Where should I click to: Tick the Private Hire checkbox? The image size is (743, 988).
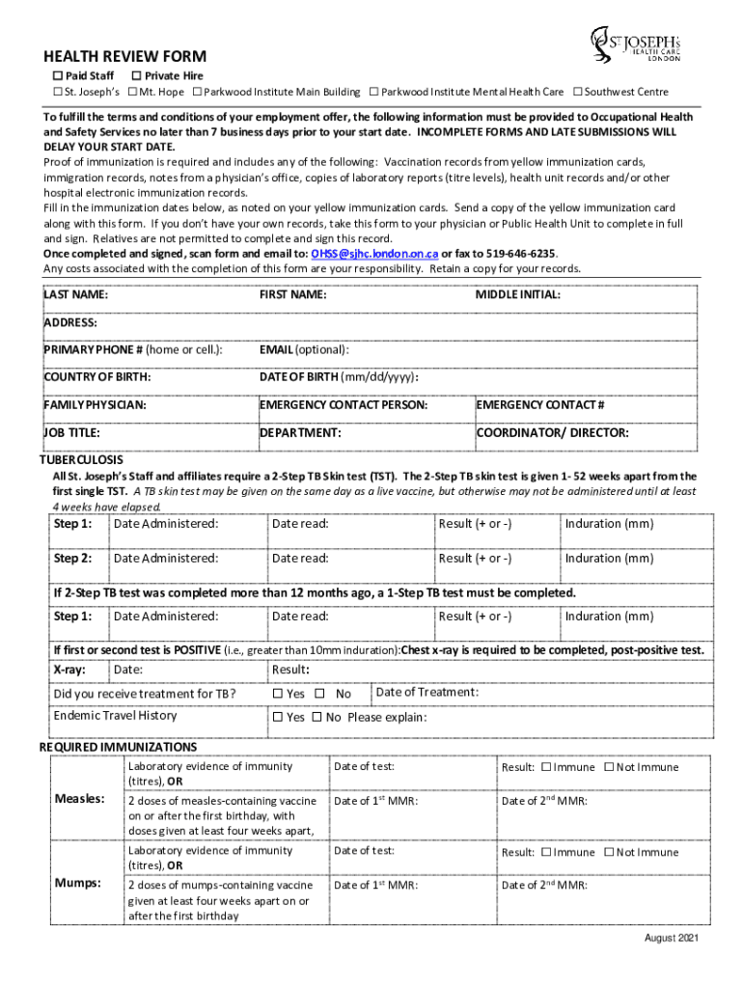[136, 76]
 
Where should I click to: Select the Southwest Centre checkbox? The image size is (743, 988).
[577, 93]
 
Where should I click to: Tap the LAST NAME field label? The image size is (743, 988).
[75, 295]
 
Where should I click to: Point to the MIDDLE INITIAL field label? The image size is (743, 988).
[517, 295]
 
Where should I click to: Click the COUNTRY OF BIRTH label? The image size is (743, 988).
[96, 377]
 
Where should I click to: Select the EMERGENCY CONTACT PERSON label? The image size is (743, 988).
[344, 405]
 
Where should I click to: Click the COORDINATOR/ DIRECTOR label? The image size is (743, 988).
[553, 433]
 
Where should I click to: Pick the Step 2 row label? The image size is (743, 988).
[73, 559]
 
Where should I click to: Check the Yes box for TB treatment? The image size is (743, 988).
[278, 694]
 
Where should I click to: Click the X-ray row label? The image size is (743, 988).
[67, 670]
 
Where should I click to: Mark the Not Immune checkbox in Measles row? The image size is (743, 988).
[609, 768]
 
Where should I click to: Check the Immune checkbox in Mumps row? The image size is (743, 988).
[546, 853]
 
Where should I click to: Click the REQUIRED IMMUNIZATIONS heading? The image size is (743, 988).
[118, 748]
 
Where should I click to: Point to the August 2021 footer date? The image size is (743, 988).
[672, 939]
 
